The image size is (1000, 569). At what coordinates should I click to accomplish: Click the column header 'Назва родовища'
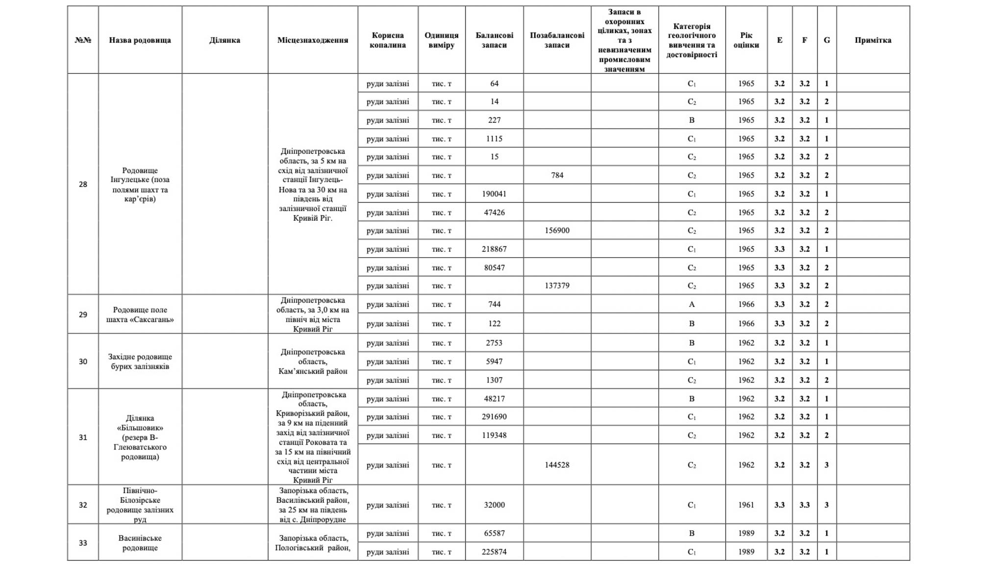point(140,40)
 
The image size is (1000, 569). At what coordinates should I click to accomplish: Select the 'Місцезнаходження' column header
point(312,40)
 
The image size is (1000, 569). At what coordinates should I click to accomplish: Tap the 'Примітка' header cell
point(873,40)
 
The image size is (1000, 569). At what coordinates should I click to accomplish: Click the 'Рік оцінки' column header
point(746,40)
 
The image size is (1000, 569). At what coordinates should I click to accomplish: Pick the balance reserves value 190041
point(494,194)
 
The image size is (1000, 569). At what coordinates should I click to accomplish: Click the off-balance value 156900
point(557,231)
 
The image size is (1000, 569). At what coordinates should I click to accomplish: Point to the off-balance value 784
point(557,175)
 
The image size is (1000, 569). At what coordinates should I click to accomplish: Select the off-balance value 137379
point(557,285)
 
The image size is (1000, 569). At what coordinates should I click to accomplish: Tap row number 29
point(83,314)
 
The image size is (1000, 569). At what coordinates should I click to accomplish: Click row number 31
point(83,437)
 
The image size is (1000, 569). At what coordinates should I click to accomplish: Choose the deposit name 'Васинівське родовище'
point(140,543)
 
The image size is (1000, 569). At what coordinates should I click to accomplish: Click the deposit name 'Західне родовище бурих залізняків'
point(140,361)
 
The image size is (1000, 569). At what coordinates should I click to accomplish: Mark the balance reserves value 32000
point(494,505)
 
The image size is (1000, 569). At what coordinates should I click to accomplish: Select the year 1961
point(746,505)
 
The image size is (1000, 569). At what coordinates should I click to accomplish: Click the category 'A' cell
point(691,304)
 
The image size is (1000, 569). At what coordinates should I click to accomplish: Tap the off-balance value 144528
point(557,465)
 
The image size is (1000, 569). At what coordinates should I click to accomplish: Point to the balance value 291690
point(494,417)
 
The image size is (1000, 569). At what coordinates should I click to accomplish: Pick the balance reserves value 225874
point(494,552)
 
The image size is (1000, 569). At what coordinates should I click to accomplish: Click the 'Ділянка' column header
point(225,40)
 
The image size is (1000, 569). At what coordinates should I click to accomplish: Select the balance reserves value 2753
point(494,343)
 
